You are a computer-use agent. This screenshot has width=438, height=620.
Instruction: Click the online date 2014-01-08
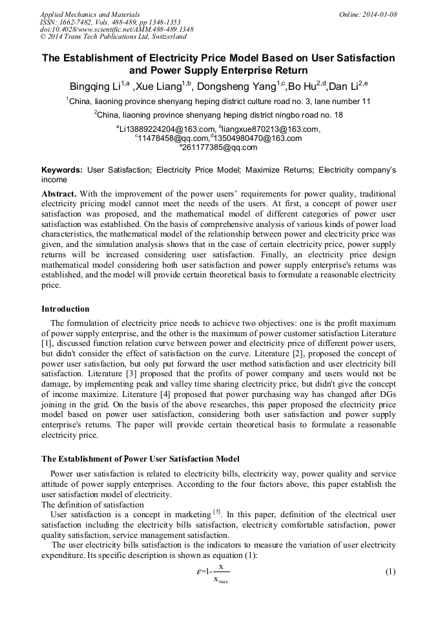point(377,14)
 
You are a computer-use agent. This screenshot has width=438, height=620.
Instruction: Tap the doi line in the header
point(116,29)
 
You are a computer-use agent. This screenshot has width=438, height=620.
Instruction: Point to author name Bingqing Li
point(98,87)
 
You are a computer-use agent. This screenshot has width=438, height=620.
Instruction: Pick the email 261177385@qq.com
point(220,147)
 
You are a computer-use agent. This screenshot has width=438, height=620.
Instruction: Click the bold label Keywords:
point(62,170)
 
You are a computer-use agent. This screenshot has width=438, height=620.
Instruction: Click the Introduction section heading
point(65,309)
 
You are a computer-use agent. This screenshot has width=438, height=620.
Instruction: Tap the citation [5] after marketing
point(217,512)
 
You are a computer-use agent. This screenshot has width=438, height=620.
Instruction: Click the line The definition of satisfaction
point(92,505)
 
